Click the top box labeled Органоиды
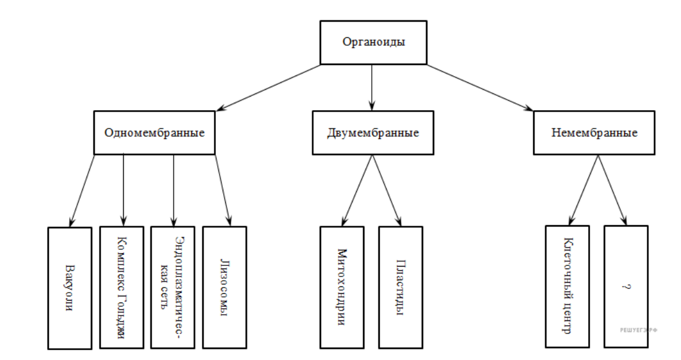(374, 43)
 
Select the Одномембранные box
(155, 132)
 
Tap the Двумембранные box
(372, 132)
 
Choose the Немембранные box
(594, 132)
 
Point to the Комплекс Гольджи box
(121, 288)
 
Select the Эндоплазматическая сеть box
(173, 288)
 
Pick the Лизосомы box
(225, 288)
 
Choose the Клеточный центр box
(567, 286)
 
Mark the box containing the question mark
(625, 286)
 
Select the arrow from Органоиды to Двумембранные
(372, 87)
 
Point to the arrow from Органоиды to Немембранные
(479, 87)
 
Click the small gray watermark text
(638, 330)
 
